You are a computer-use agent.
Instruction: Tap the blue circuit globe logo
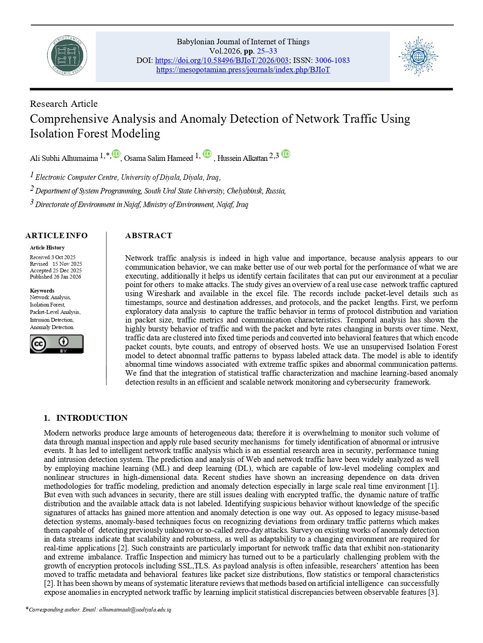(418, 57)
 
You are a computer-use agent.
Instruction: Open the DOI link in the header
(222, 61)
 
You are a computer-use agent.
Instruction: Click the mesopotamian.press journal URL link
(243, 70)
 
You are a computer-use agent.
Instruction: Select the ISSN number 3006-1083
(332, 61)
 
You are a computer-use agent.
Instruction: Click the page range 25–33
(267, 51)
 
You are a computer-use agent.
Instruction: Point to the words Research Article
(64, 104)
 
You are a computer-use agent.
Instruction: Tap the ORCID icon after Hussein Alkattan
(286, 154)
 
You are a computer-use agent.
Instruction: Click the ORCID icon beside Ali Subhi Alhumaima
(116, 154)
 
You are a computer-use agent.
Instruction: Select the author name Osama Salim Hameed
(158, 158)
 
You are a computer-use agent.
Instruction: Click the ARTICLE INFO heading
(56, 235)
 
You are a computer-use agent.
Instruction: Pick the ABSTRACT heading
(149, 235)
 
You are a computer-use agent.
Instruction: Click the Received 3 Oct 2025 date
(52, 257)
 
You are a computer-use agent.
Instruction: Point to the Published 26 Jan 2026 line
(56, 277)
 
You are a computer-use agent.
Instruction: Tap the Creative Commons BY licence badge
(57, 344)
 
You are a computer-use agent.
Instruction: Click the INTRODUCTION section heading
(92, 418)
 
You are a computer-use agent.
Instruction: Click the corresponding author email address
(135, 610)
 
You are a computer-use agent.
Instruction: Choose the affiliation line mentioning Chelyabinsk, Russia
(161, 191)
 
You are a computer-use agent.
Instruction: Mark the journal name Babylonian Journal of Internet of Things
(243, 42)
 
